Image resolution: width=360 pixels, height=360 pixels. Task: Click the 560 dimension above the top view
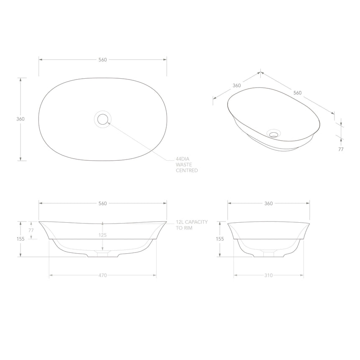point(103,59)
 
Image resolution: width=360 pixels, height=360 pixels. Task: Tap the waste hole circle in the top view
point(103,119)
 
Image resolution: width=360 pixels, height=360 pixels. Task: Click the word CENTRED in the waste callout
point(187,171)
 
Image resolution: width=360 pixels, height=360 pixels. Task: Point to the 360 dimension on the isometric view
point(237,85)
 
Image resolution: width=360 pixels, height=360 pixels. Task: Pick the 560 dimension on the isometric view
point(298,93)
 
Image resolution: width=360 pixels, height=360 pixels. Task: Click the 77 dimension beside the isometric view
point(341,149)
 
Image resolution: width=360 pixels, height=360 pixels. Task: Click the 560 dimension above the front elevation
point(103,203)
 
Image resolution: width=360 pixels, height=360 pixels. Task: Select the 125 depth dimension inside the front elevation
point(103,235)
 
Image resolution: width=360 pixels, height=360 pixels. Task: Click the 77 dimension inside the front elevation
point(31,230)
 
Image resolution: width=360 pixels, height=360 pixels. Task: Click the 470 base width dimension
point(103,275)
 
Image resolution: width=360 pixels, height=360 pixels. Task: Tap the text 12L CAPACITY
point(191,222)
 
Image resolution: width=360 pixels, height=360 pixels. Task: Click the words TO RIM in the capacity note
point(184,228)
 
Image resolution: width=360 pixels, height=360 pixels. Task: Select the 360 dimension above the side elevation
point(268,203)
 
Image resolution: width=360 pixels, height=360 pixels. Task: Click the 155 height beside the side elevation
point(220,239)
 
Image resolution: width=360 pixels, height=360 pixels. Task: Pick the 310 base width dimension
point(268,275)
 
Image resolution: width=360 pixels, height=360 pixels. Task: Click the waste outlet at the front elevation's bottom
point(103,253)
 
